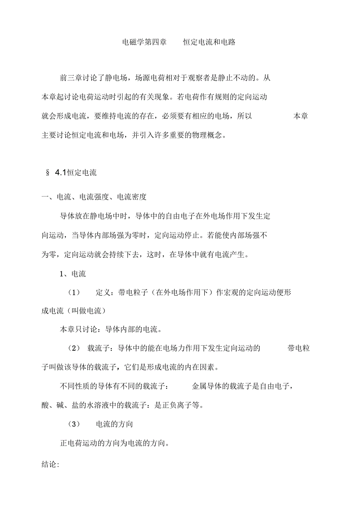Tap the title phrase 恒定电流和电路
click(x=209, y=42)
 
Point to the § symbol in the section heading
click(x=48, y=173)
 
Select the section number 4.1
click(x=61, y=173)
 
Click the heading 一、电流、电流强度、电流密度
click(x=94, y=197)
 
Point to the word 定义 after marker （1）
click(x=103, y=293)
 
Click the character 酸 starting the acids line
click(x=45, y=405)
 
